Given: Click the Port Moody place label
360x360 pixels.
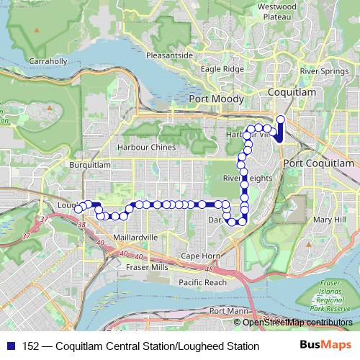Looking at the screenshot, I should (x=215, y=99).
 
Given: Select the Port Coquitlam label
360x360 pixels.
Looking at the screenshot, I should (x=319, y=163).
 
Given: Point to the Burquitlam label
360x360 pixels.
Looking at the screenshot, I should (x=89, y=164).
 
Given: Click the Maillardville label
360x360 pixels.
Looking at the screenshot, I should (x=135, y=237).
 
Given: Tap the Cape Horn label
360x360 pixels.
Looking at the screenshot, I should (x=200, y=256).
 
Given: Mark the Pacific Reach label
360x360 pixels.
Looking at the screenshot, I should (x=202, y=282).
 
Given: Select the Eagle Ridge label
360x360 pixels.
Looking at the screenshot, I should (x=222, y=69).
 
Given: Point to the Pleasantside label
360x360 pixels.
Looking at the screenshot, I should (x=168, y=55).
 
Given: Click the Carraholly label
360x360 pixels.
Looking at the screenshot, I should (x=47, y=61).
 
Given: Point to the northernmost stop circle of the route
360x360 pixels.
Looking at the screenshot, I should (x=281, y=119).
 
